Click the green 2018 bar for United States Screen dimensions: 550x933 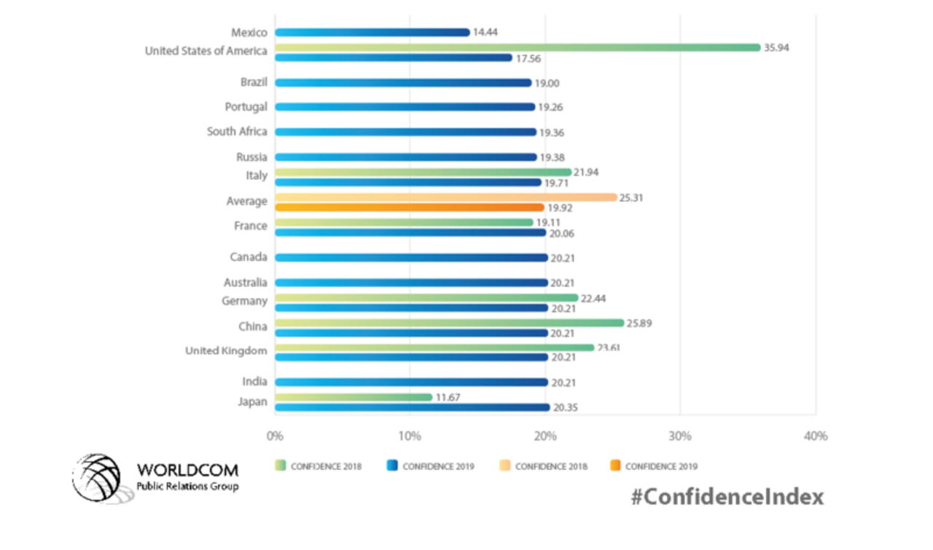(x=518, y=47)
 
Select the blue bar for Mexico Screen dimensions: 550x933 (x=372, y=32)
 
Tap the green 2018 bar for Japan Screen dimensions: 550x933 (x=354, y=397)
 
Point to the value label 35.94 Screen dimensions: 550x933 (x=776, y=47)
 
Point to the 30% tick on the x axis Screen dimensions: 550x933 (x=679, y=436)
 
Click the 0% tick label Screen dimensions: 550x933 (x=275, y=436)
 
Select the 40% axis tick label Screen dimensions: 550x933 (x=815, y=436)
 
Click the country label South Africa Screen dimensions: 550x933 (x=237, y=132)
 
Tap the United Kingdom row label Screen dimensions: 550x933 (x=226, y=351)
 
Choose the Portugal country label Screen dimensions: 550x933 (x=246, y=107)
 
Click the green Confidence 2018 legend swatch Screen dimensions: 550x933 (x=280, y=466)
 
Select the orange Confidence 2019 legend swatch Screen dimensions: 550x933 (x=614, y=466)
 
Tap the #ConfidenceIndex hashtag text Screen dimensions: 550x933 (x=727, y=497)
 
